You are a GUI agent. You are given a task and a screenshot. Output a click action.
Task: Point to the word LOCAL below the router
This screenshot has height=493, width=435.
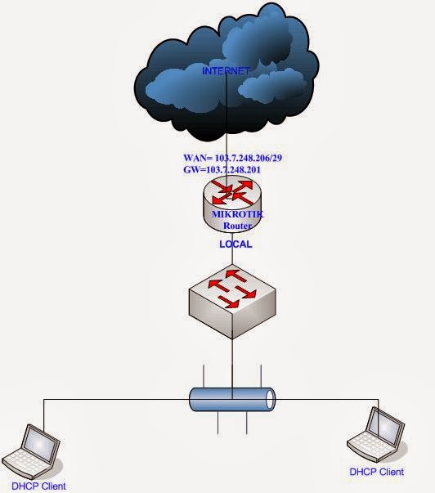pos(235,244)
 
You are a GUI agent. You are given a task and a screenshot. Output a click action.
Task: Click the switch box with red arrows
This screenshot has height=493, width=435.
pos(232,299)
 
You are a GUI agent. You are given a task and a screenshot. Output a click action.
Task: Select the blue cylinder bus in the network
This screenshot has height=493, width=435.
pos(232,399)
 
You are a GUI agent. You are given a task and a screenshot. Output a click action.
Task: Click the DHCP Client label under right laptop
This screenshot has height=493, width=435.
pos(376,472)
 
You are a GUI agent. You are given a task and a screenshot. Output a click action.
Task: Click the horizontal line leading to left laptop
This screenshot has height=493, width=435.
pos(114,399)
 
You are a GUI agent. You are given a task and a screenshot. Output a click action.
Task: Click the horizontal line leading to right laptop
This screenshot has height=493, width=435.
pos(327,399)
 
